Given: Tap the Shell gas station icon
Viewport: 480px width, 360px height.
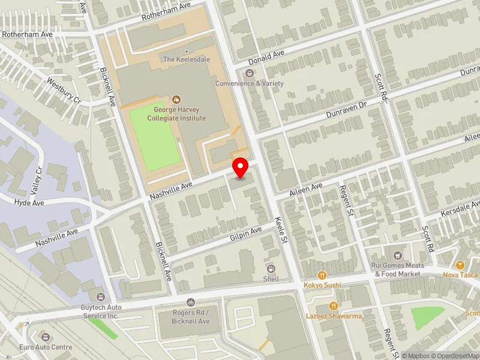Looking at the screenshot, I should (271, 268).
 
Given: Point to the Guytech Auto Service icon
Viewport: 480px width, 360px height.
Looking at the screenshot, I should (100, 296).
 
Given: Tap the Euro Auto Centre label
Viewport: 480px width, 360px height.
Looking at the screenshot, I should (46, 347).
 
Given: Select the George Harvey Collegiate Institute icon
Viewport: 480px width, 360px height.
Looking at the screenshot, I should (176, 99).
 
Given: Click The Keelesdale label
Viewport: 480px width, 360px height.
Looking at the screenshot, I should (187, 59).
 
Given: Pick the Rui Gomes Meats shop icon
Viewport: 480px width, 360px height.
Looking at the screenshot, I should (395, 256).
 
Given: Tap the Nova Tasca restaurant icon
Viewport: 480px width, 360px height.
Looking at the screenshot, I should (460, 265).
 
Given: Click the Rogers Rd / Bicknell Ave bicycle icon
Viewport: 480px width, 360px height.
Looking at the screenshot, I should (191, 303).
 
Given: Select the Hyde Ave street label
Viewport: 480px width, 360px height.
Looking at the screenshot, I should (29, 203).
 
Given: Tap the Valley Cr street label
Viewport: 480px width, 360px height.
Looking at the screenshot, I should (39, 178).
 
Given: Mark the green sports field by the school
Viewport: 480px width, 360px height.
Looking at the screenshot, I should (155, 137).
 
